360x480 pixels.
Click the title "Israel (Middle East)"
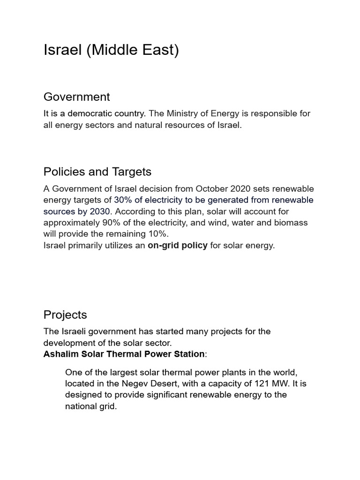[x=111, y=50]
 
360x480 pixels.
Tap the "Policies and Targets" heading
[x=97, y=172]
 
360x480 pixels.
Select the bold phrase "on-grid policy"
[x=178, y=245]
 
